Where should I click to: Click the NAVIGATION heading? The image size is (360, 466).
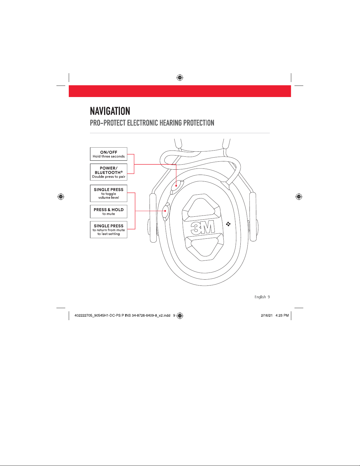pos(110,111)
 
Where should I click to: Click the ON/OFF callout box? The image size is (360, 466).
pos(108,154)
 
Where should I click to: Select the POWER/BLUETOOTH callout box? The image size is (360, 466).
pos(108,172)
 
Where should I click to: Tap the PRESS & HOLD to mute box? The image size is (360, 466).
pos(108,211)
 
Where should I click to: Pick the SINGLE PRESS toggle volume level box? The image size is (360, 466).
pos(108,193)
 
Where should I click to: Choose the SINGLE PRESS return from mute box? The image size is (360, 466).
pos(108,230)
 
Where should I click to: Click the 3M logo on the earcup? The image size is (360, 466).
pos(203,228)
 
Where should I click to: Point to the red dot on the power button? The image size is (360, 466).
pos(176,186)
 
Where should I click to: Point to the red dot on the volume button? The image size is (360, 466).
pos(165,211)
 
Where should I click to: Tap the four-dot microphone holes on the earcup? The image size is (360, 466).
pos(228,224)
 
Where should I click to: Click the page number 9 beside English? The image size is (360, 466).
pos(269,297)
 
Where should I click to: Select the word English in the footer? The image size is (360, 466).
pos(260,297)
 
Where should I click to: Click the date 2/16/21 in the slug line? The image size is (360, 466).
pos(267,315)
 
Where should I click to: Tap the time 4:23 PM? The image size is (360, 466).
pos(282,315)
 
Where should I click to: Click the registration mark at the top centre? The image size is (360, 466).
pos(180,78)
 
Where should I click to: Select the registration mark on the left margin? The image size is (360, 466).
pos(61,196)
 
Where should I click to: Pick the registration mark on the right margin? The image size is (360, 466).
pos(299,196)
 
